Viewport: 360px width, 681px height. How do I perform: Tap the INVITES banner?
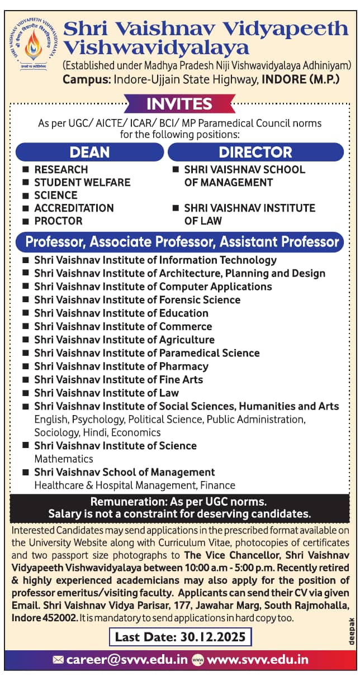point(179,104)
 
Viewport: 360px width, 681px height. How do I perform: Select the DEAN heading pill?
point(89,152)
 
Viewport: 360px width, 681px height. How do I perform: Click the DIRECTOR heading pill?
point(255,152)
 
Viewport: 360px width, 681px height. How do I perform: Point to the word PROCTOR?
point(58,221)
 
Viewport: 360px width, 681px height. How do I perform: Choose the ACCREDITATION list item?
point(74,208)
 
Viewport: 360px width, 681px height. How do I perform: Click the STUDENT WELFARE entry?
point(82,182)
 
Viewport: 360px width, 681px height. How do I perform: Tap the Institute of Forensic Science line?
point(137,300)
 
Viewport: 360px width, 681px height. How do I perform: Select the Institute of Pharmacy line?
point(121,366)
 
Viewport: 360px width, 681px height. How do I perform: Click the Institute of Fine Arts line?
point(119,380)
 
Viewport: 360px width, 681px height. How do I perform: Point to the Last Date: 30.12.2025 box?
point(180,636)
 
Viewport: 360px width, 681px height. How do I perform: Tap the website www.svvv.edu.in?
point(257,659)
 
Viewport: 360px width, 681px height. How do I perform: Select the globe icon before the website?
point(197,660)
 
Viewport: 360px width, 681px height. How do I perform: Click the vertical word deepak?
point(351,632)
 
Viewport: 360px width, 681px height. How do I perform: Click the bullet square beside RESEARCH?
point(26,169)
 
